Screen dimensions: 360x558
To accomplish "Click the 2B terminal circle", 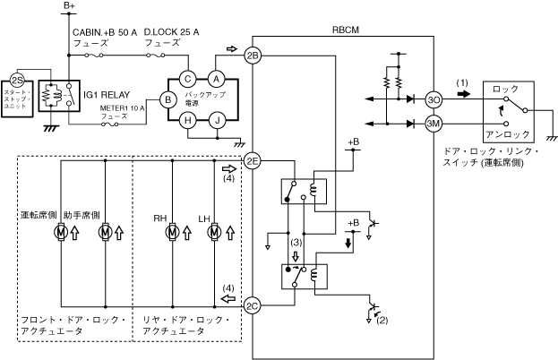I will pyautogui.click(x=253, y=56).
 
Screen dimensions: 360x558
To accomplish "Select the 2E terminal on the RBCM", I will pyautogui.click(x=253, y=161).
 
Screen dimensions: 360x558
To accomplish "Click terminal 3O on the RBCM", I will pyautogui.click(x=434, y=99).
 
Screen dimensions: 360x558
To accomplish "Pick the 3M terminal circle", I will pyautogui.click(x=434, y=124).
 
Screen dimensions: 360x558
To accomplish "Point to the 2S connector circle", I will pyautogui.click(x=15, y=80).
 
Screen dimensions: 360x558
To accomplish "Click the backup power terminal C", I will pyautogui.click(x=188, y=79).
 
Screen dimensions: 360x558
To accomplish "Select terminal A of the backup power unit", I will pyautogui.click(x=216, y=79).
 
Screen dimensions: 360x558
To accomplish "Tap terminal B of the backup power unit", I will pyautogui.click(x=167, y=100).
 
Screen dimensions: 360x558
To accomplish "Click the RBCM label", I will pyautogui.click(x=344, y=30).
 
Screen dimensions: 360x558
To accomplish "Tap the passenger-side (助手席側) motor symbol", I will pyautogui.click(x=106, y=233).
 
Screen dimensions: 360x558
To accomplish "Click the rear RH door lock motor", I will pyautogui.click(x=172, y=233).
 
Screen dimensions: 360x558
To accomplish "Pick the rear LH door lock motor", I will pyautogui.click(x=214, y=233).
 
